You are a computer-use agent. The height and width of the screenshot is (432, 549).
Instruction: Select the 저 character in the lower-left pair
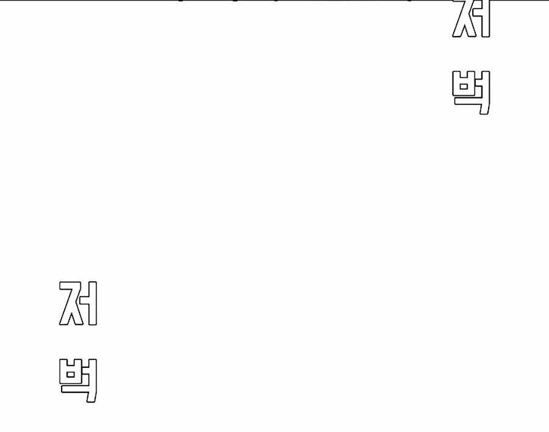[x=78, y=303]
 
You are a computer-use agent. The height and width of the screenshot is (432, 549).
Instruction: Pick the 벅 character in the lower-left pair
[x=78, y=380]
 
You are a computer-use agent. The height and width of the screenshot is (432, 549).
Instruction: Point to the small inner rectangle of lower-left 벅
[x=71, y=372]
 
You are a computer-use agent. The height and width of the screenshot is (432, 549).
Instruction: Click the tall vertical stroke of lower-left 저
[x=93, y=303]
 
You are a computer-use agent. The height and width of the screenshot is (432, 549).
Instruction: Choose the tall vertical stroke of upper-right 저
[x=486, y=18]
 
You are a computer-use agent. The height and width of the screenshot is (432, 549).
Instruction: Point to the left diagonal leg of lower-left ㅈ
[x=64, y=312]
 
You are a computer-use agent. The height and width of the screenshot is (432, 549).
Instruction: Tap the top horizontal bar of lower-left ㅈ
[x=70, y=285]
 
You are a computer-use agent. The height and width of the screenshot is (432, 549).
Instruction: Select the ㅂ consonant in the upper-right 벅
[x=464, y=88]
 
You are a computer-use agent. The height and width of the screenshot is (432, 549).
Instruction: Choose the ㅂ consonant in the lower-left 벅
[x=71, y=373]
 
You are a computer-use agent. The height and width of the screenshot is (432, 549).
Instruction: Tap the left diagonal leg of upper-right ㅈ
[x=457, y=28]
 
